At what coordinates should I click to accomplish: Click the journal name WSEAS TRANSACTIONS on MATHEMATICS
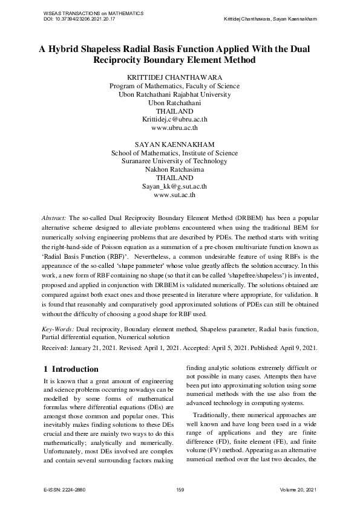85,13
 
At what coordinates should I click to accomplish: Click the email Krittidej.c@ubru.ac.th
174,120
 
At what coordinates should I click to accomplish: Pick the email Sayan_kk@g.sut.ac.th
174,187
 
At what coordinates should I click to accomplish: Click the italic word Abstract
54,216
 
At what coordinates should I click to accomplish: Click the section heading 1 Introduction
71,369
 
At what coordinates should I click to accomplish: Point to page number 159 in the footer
180,488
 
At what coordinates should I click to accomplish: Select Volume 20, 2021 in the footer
298,488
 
